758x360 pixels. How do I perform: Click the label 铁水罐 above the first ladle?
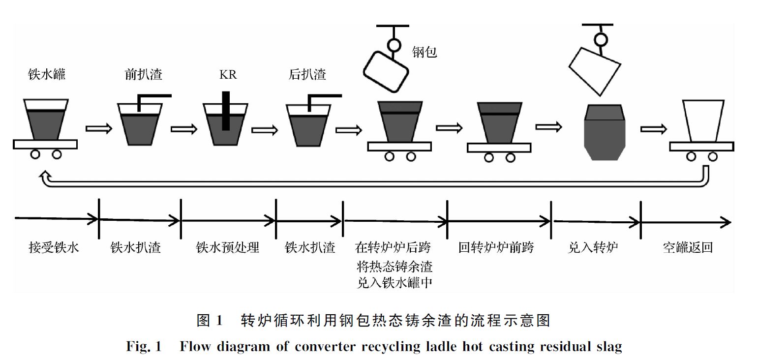(47, 74)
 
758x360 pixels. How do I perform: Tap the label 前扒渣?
(144, 74)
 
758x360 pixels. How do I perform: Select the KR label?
(228, 75)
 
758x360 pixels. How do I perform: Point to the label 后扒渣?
(307, 74)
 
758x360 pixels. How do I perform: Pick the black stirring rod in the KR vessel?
(226, 111)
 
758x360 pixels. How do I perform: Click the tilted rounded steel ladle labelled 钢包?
(386, 71)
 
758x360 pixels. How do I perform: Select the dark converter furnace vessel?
(604, 133)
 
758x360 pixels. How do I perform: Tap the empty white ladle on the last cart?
(702, 120)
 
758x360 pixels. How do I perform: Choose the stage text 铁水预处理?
(227, 247)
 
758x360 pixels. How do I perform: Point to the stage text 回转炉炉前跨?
(496, 247)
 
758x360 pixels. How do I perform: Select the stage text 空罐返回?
(687, 247)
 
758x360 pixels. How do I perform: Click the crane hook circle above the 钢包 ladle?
(394, 45)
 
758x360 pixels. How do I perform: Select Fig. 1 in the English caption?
(144, 347)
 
